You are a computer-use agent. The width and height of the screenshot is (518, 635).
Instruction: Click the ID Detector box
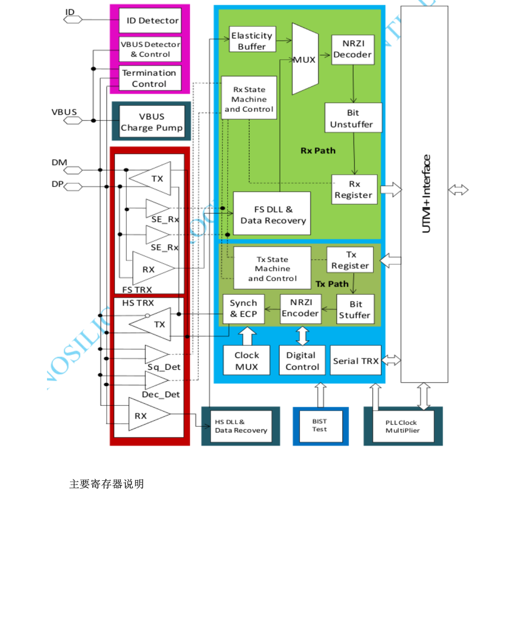pyautogui.click(x=150, y=20)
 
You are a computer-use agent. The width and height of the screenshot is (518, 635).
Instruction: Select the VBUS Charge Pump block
pyautogui.click(x=151, y=122)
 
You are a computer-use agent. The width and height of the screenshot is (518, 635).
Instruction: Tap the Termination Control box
pyautogui.click(x=150, y=78)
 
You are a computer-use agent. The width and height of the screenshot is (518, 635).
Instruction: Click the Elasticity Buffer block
pyautogui.click(x=252, y=41)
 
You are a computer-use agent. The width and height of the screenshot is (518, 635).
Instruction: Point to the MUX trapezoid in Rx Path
pyautogui.click(x=305, y=59)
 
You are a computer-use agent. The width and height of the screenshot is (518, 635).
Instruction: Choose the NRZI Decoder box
pyautogui.click(x=353, y=49)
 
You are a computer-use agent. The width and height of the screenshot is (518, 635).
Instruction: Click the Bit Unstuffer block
pyautogui.click(x=353, y=118)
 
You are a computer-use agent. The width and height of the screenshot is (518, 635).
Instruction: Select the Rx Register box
pyautogui.click(x=354, y=189)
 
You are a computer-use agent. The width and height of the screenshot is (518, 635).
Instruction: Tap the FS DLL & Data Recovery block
pyautogui.click(x=272, y=214)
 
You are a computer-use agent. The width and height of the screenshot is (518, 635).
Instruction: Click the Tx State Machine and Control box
pyautogui.click(x=272, y=268)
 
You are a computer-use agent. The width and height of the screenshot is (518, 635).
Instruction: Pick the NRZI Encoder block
pyautogui.click(x=301, y=308)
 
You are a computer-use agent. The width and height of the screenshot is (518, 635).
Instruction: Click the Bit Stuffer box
pyautogui.click(x=355, y=309)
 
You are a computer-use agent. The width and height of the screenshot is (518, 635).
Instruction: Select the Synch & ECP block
pyautogui.click(x=243, y=308)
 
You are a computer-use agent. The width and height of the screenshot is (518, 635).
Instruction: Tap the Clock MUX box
pyautogui.click(x=247, y=361)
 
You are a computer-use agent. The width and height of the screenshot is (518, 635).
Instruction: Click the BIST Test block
pyautogui.click(x=320, y=425)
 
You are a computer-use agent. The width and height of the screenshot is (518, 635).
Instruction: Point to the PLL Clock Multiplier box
pyautogui.click(x=403, y=426)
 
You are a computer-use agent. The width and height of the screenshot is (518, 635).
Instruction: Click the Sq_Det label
pyautogui.click(x=164, y=367)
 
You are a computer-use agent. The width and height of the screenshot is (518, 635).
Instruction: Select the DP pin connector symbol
pyautogui.click(x=73, y=187)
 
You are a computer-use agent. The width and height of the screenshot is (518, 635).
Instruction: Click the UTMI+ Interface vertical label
pyautogui.click(x=426, y=194)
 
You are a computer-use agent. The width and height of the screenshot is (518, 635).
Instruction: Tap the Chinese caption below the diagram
pyautogui.click(x=107, y=484)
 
